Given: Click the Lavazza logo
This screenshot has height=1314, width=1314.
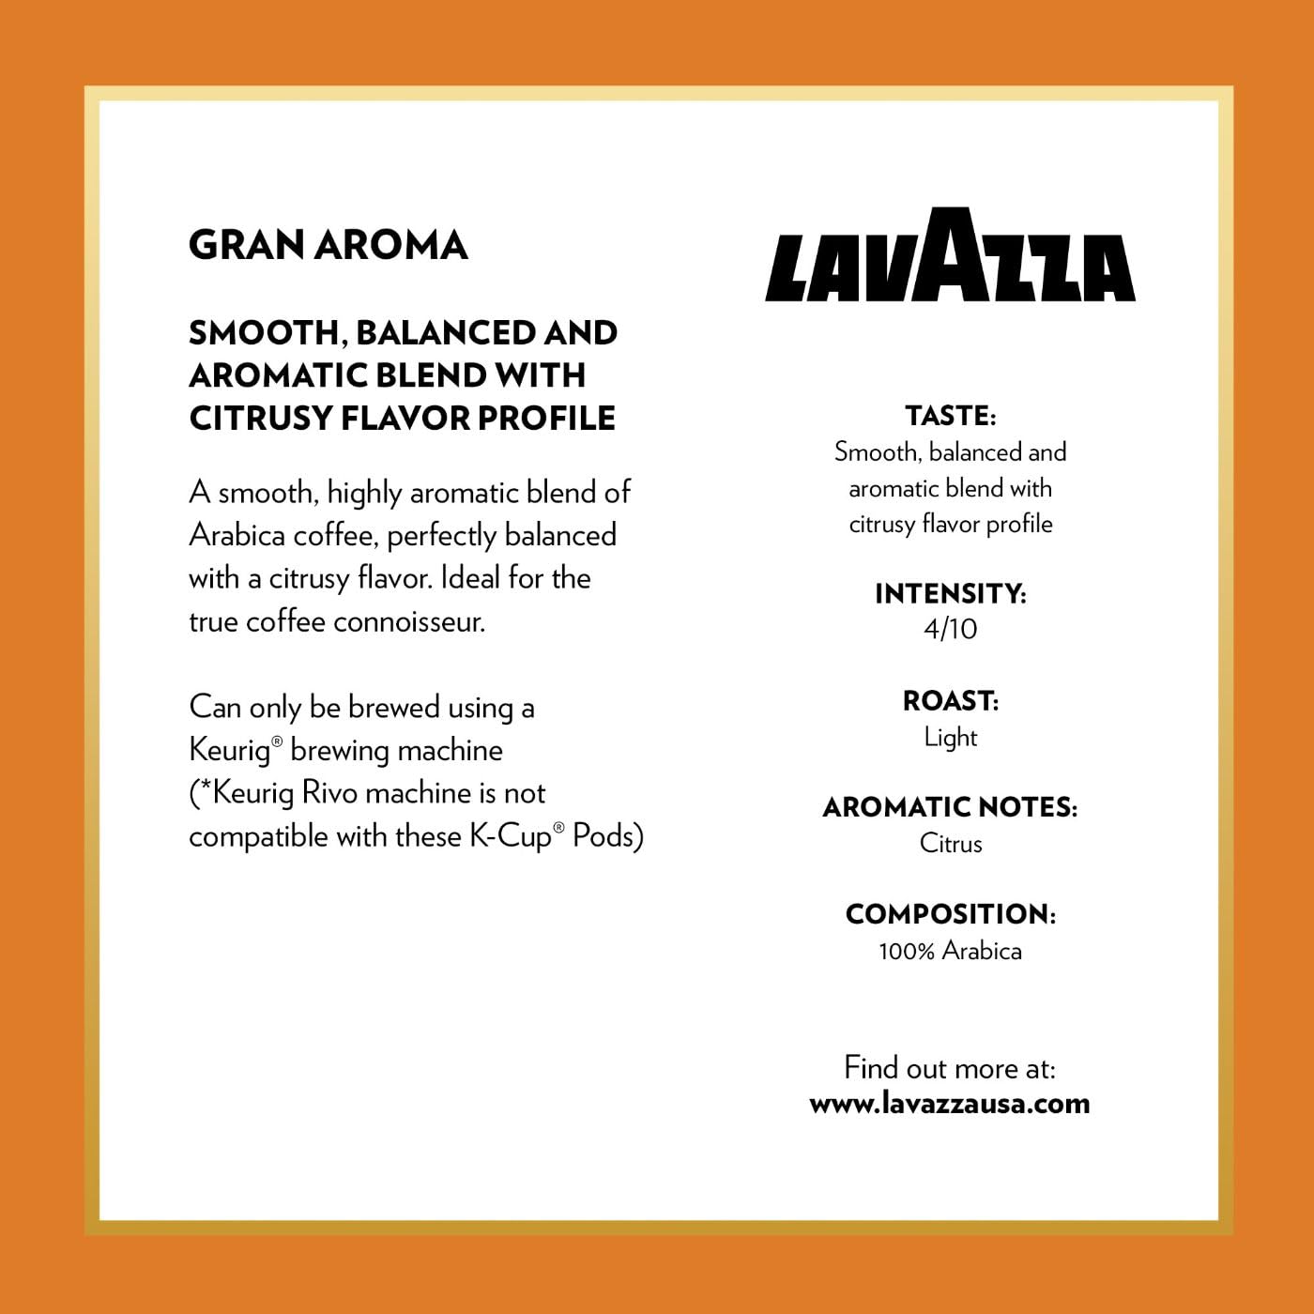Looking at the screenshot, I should coord(950,256).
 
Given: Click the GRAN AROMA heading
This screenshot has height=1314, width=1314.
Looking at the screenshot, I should coord(328,246).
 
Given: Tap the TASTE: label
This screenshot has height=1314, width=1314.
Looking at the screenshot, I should coord(950,416).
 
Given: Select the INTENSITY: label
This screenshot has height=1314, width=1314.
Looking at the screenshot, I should coord(950,593).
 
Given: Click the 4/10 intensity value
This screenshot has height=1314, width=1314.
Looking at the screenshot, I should coord(950,629).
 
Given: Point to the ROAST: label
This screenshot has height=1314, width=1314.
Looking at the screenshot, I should coord(950,701).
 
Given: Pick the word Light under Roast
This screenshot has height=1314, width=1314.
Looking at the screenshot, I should coord(950,738).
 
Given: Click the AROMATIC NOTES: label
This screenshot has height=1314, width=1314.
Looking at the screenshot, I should coord(950,807).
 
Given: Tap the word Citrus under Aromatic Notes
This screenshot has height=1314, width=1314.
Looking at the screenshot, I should coord(950,844).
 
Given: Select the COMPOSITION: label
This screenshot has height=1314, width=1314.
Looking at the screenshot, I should coord(950,914).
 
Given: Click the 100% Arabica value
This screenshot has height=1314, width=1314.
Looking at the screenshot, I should coord(950,951).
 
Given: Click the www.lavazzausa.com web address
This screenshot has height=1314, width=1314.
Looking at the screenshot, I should coord(950,1104).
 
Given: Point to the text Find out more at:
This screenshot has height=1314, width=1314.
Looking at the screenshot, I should coord(950,1068).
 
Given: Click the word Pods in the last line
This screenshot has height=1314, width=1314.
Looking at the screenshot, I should coord(606,835).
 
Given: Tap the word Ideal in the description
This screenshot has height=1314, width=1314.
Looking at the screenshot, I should coord(469,578).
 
